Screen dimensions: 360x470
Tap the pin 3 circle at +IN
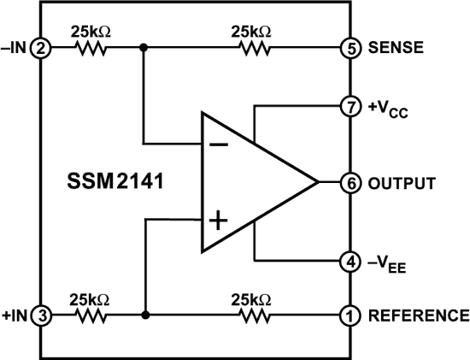pyautogui.click(x=40, y=316)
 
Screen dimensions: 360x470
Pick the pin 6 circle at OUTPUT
pyautogui.click(x=350, y=182)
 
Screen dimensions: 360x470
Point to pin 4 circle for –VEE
pyautogui.click(x=350, y=261)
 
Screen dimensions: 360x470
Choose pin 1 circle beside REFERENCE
pyautogui.click(x=350, y=316)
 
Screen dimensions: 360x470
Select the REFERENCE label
pyautogui.click(x=418, y=316)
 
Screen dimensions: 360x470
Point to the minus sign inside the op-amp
pyautogui.click(x=219, y=144)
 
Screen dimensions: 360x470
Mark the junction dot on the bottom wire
pyautogui.click(x=147, y=316)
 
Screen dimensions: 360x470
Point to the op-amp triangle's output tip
pyautogui.click(x=317, y=182)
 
